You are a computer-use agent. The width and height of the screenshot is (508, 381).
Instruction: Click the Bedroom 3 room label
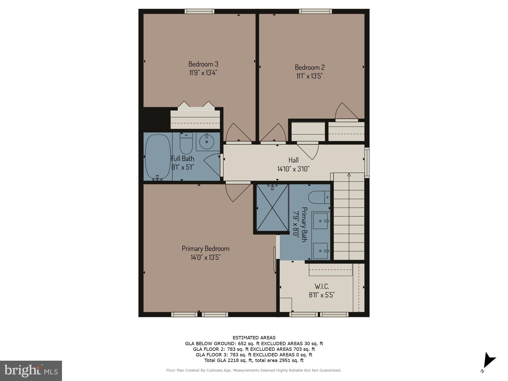203,64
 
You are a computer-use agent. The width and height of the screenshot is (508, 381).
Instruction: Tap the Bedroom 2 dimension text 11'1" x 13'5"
309,76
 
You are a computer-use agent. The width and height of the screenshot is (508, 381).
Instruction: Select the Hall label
293,160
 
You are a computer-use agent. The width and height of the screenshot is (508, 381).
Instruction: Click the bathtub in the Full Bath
158,157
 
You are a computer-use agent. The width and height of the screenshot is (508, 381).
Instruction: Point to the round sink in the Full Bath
206,142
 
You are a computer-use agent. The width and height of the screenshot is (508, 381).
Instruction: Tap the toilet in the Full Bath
186,144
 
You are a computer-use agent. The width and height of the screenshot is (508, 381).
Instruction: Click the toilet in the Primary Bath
319,197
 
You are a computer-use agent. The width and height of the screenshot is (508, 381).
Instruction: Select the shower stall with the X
272,208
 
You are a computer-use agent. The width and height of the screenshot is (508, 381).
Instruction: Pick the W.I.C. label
322,286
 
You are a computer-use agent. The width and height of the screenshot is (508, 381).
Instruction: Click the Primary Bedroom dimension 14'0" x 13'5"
205,257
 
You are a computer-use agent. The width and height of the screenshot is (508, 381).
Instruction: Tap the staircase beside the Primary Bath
349,216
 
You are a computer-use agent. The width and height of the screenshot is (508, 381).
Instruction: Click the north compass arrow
489,360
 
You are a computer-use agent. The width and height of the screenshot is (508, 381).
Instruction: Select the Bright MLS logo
31,371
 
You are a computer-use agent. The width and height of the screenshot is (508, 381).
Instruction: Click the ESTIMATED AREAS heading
254,338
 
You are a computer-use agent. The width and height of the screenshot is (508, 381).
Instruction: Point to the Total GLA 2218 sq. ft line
254,360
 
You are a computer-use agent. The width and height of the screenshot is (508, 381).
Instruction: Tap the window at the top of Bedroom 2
315,11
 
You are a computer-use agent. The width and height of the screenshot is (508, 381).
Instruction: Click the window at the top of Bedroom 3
199,11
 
